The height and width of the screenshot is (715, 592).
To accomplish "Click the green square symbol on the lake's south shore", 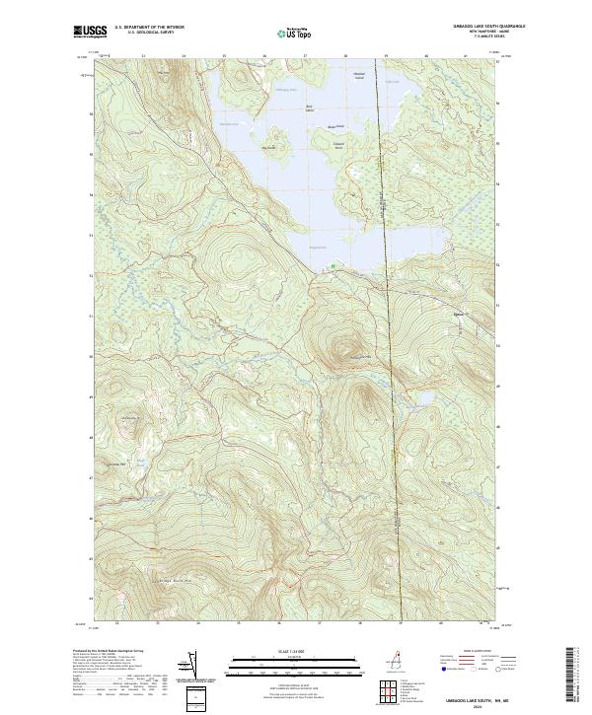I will [334, 265].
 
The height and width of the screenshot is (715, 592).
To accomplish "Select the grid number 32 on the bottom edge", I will [116, 623].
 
